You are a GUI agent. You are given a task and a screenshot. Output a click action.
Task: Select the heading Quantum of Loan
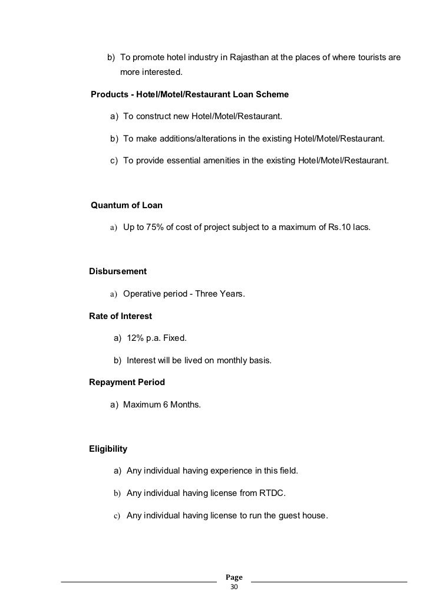tap(126, 205)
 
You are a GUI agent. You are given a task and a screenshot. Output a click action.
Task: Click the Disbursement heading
tap(117, 271)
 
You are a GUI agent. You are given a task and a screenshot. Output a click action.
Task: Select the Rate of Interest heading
tap(120, 316)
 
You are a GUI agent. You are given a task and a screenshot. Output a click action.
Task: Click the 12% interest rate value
tap(136, 338)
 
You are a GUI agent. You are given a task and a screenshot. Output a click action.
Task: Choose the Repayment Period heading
tap(127, 382)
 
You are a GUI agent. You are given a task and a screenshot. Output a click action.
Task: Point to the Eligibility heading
tap(108, 449)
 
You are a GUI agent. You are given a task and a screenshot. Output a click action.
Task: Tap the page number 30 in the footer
tap(234, 588)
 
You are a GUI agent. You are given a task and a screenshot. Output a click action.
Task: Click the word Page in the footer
tap(234, 577)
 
